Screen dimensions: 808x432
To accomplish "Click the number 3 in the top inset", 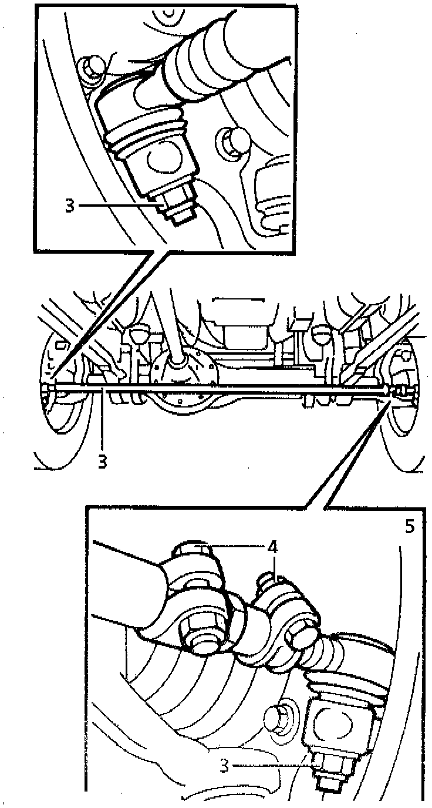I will [x=70, y=206].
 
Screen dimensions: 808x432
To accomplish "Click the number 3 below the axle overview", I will [x=103, y=461].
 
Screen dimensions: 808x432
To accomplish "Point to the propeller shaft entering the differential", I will [x=170, y=329].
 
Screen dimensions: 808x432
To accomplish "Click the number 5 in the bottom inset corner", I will [x=409, y=526].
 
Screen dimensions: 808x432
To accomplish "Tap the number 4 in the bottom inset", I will [x=272, y=547].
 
